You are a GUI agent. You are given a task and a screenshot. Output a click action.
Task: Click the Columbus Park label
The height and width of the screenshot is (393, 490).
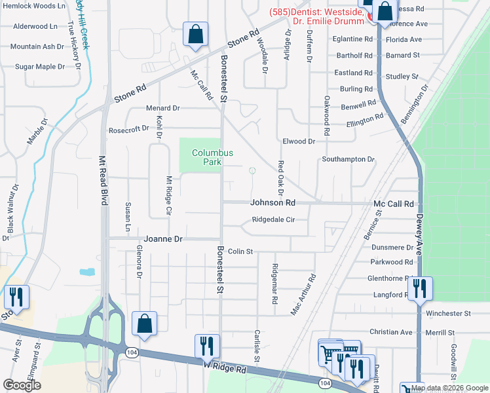click(212, 157)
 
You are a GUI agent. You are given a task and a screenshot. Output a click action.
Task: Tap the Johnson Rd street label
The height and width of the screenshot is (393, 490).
click(273, 203)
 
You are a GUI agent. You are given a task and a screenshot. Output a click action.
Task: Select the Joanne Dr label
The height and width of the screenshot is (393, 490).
click(163, 240)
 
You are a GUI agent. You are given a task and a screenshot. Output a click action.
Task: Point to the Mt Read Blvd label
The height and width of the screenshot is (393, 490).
click(103, 181)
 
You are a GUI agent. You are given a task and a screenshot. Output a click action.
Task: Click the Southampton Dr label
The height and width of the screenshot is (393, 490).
click(348, 159)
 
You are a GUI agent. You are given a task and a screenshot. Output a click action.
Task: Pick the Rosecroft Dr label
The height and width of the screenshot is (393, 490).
click(128, 129)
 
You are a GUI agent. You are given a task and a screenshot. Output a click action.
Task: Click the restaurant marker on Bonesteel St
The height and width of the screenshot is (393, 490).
click(207, 347)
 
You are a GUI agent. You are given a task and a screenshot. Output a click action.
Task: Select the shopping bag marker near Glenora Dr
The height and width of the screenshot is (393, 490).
click(144, 324)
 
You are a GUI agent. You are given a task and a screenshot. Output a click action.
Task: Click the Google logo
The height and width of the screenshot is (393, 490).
click(22, 385)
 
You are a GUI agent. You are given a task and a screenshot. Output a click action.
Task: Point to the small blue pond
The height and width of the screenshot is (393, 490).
click(86, 272)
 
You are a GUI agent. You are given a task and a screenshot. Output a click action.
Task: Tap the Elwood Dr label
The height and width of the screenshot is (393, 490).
click(299, 141)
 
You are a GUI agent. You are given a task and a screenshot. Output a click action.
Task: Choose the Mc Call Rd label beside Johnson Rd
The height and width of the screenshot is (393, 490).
click(394, 204)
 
